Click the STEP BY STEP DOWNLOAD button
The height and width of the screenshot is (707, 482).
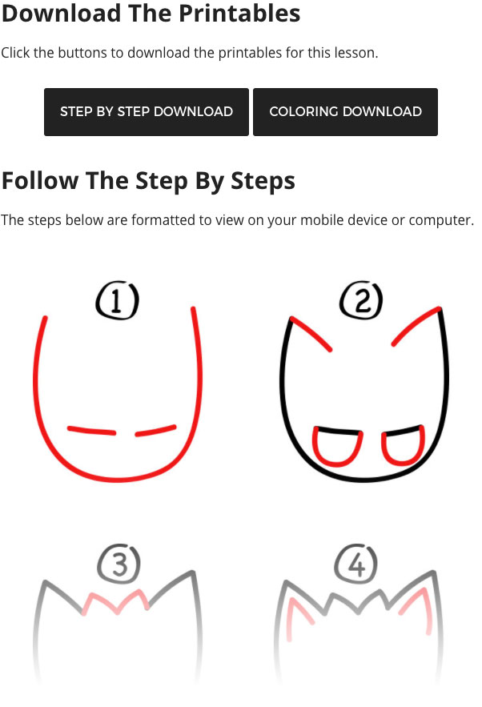(x=146, y=112)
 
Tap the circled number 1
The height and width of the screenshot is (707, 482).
(x=117, y=301)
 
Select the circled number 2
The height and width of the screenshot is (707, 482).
(x=361, y=300)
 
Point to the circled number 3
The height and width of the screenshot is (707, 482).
(x=119, y=564)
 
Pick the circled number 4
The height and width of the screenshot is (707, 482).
(x=356, y=564)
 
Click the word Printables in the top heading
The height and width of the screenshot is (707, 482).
(x=239, y=13)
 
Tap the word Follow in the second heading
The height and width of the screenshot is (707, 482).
(x=40, y=180)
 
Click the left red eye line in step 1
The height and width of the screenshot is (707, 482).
(x=91, y=431)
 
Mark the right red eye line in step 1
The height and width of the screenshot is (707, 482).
(x=155, y=431)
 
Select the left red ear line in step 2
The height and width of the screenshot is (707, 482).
(x=311, y=333)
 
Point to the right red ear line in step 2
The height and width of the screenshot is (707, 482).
(x=416, y=326)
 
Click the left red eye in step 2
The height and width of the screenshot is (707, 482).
(x=336, y=463)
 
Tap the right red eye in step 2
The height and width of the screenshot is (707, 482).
(x=403, y=462)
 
